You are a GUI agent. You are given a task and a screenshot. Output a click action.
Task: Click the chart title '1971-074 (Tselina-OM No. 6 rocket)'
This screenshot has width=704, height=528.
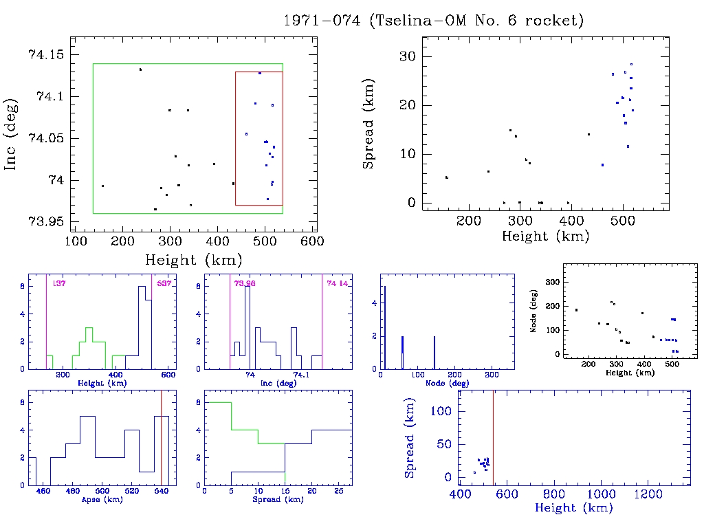(x=434, y=21)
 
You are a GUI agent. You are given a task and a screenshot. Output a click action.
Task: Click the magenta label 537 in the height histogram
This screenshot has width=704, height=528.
(x=164, y=283)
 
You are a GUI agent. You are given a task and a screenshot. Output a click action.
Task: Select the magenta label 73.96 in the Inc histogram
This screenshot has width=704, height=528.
(x=244, y=283)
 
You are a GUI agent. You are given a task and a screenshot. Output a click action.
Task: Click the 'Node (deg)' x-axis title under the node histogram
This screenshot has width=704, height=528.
(x=448, y=383)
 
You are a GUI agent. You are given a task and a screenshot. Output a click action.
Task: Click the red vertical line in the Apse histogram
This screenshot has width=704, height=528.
(x=161, y=440)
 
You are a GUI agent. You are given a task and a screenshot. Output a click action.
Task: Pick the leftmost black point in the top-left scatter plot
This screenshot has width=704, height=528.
(x=102, y=186)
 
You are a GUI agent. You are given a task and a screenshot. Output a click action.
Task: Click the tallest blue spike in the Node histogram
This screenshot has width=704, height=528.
(x=384, y=323)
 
